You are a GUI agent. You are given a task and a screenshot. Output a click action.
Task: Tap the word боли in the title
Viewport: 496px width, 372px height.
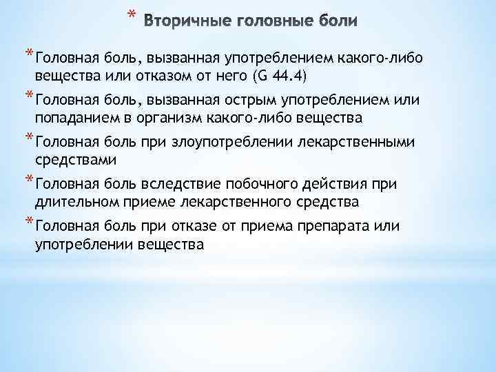[x=335, y=21]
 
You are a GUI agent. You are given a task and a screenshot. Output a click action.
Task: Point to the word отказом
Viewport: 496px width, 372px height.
[x=148, y=76]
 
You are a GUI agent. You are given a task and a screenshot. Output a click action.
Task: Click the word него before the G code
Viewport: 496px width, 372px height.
[x=218, y=76]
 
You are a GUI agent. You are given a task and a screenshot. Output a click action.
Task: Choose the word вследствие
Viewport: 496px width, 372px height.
[x=179, y=185]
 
